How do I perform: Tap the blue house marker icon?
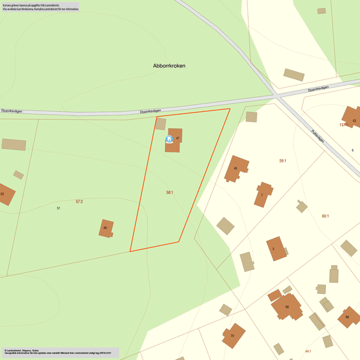(169, 139)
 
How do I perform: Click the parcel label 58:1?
(170, 192)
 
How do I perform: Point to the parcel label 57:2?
(79, 202)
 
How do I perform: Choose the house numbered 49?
(106, 228)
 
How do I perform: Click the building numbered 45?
(237, 168)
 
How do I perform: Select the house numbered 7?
(263, 194)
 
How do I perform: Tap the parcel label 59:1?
(283, 160)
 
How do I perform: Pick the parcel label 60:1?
(325, 216)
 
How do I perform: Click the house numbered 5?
(276, 249)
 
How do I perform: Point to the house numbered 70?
(233, 335)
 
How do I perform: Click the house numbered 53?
(5, 194)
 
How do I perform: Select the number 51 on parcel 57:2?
(58, 208)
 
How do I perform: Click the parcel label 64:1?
(308, 351)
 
